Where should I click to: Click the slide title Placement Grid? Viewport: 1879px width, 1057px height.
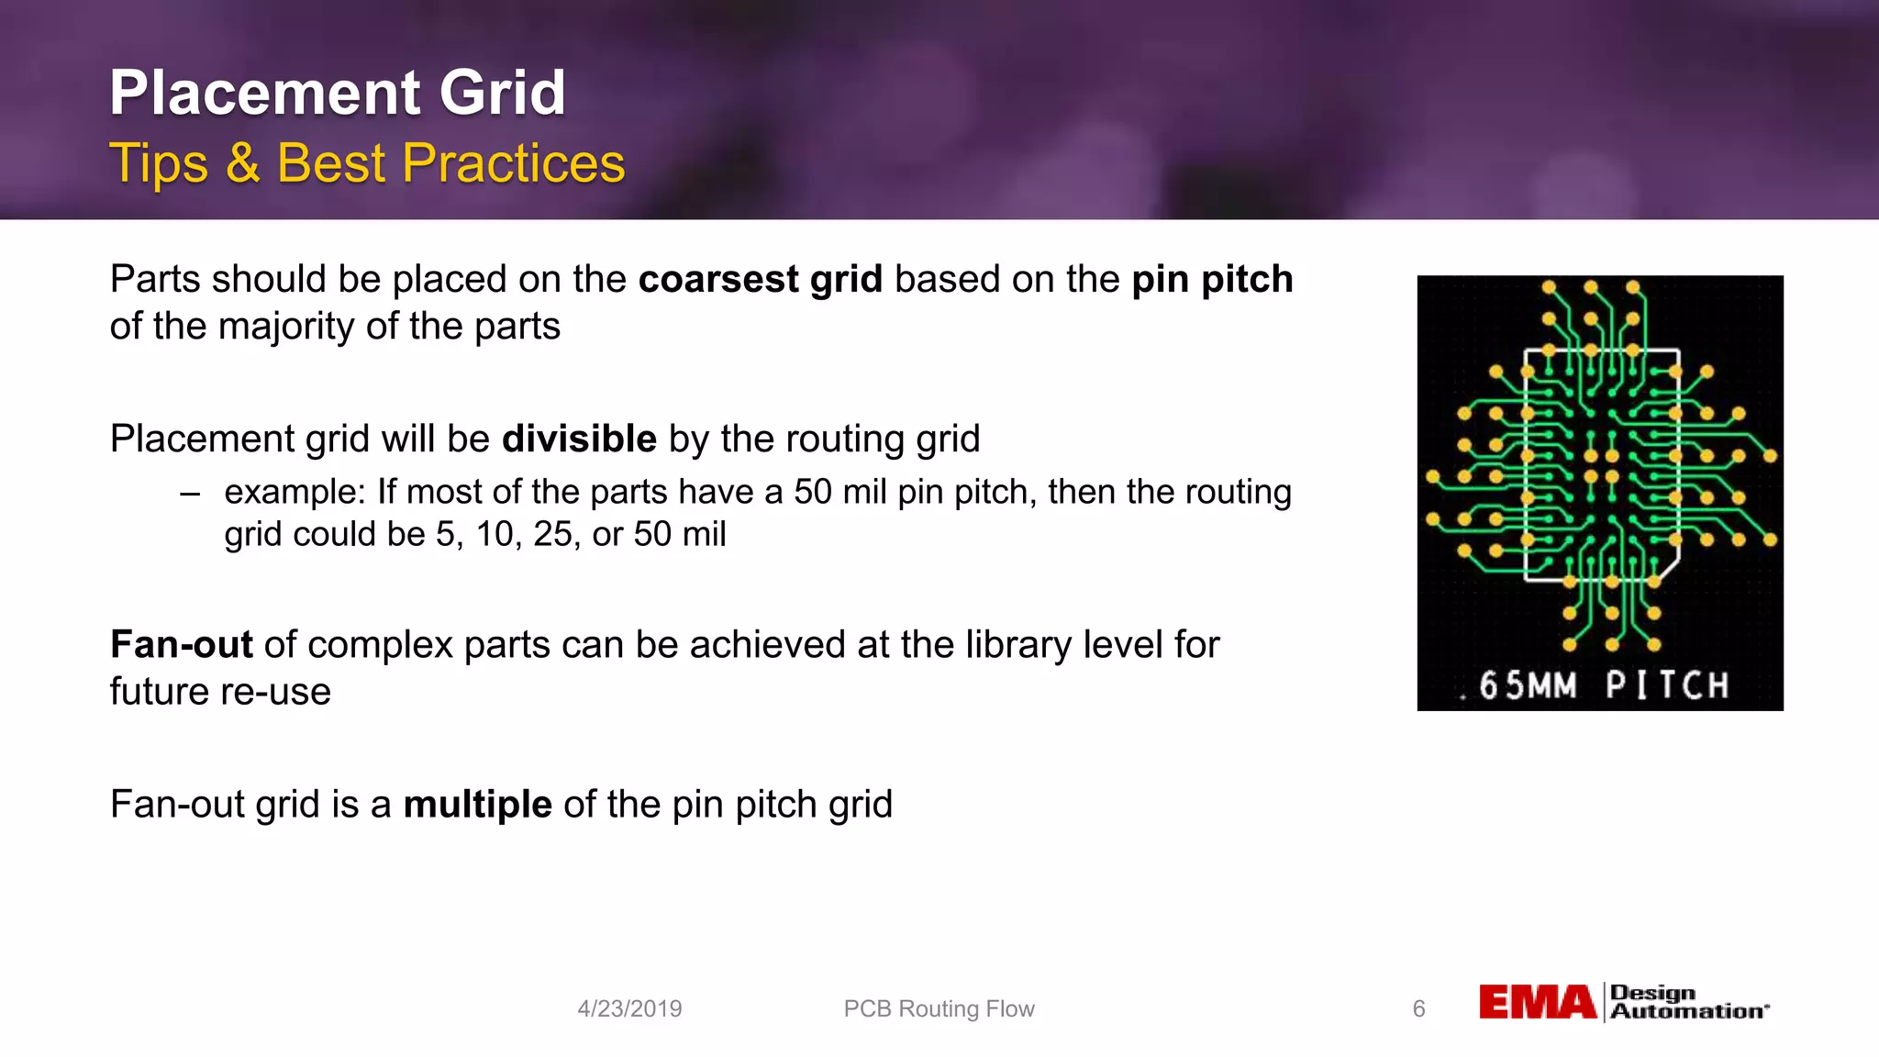point(337,94)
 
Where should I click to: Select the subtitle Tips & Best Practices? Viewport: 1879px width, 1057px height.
point(367,163)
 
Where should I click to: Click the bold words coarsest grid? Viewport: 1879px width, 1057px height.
point(760,279)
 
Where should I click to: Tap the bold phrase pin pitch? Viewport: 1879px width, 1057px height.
point(1212,279)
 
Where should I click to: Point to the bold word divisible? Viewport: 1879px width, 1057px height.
point(579,439)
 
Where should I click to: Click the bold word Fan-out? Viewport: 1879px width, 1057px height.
point(181,644)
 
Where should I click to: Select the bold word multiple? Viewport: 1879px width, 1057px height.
point(477,805)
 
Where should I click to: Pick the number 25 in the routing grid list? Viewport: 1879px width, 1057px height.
point(552,534)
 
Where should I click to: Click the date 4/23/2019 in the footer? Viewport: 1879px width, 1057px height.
point(629,1008)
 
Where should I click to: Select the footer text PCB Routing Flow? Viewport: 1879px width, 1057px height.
point(939,1008)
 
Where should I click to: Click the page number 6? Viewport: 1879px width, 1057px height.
point(1418,1008)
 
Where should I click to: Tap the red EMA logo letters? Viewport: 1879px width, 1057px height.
point(1538,1002)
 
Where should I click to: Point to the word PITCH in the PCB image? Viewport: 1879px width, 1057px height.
point(1667,685)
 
